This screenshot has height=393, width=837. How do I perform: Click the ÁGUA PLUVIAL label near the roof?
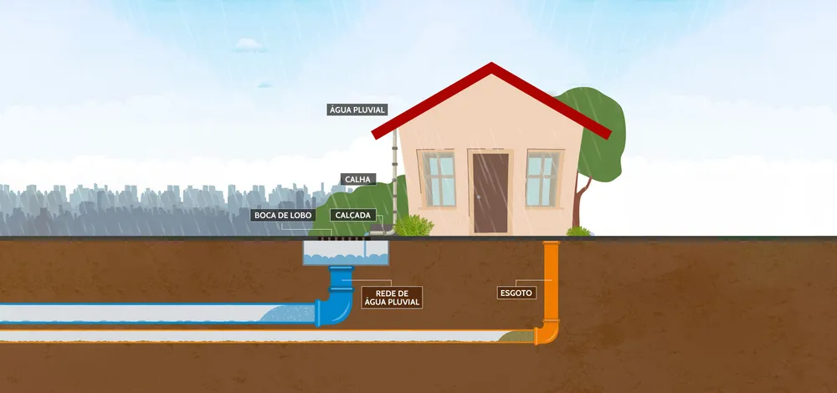pyautogui.click(x=357, y=110)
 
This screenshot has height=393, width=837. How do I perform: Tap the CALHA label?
pyautogui.click(x=357, y=179)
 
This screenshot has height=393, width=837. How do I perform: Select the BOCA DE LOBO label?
pyautogui.click(x=283, y=216)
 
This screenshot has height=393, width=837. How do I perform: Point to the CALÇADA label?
pyautogui.click(x=353, y=216)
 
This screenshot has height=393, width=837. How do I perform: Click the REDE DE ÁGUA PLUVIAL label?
pyautogui.click(x=392, y=298)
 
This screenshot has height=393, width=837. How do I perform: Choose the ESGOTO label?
pyautogui.click(x=516, y=293)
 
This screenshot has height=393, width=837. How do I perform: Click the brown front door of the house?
pyautogui.click(x=490, y=193)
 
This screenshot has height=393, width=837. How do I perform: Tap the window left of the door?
pyautogui.click(x=439, y=179)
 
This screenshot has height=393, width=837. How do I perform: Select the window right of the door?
pyautogui.click(x=542, y=179)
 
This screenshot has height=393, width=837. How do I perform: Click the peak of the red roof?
pyautogui.click(x=491, y=64)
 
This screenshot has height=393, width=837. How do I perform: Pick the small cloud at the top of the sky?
pyautogui.click(x=249, y=45)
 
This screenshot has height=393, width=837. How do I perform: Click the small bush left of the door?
pyautogui.click(x=413, y=225)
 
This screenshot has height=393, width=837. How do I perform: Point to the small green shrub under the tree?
pyautogui.click(x=578, y=232)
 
